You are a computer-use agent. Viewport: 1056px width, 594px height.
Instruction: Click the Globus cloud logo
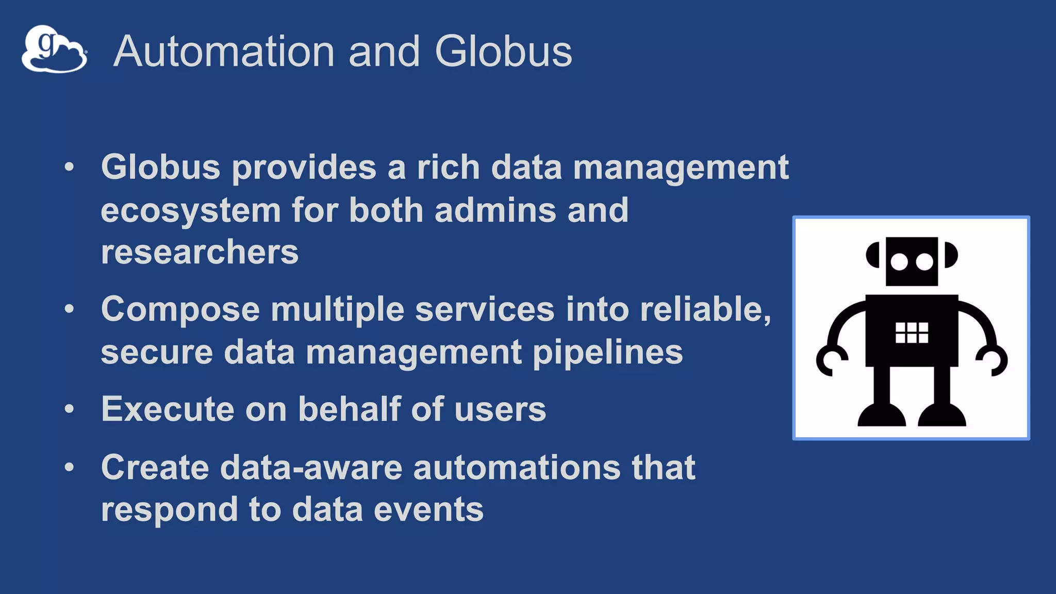(54, 49)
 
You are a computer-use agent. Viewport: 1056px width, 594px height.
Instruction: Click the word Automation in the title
(224, 52)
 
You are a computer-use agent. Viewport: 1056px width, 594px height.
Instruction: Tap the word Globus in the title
(503, 52)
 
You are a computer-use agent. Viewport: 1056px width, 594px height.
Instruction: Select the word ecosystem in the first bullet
(191, 211)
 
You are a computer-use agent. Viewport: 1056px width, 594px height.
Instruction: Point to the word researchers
(200, 252)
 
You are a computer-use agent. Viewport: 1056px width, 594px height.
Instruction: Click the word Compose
(180, 309)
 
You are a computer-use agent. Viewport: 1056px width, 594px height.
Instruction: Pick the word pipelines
(607, 353)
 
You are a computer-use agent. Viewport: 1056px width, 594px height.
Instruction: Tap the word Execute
(168, 409)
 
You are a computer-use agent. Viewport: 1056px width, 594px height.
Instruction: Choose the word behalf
(350, 409)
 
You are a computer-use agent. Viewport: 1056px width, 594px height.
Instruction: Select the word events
(428, 509)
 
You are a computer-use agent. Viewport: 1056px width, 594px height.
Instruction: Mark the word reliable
(705, 309)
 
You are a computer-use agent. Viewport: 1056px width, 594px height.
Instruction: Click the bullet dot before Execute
(70, 409)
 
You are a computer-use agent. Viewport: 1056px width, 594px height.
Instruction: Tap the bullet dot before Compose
(70, 309)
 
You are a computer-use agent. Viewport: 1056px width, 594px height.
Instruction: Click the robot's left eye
(899, 262)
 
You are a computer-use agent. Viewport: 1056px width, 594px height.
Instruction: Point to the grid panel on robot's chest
(912, 333)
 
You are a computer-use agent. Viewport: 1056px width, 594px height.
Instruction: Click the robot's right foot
(942, 416)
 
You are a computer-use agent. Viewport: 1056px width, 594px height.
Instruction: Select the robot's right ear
(951, 255)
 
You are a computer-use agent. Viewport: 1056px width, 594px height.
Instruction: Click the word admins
(495, 211)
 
